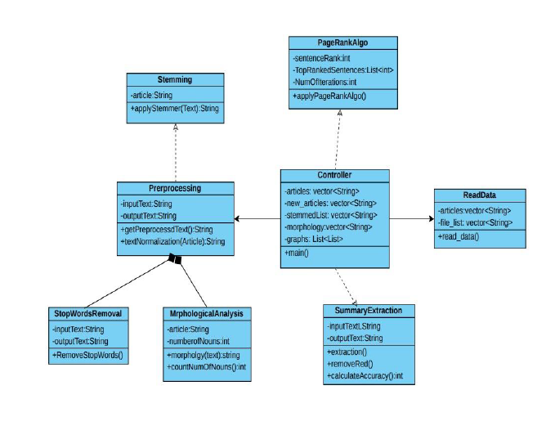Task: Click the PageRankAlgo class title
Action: [x=342, y=42]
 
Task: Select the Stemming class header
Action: [x=175, y=80]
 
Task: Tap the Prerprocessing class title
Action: [x=175, y=188]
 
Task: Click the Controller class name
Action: [x=334, y=176]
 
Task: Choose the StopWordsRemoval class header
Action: [x=87, y=314]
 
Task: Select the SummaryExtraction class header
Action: [x=368, y=311]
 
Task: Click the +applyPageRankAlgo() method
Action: [x=329, y=96]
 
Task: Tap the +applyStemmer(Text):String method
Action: [x=175, y=108]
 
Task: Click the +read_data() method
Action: [x=458, y=236]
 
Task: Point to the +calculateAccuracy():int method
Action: [x=368, y=375]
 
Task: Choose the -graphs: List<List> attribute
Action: [x=314, y=239]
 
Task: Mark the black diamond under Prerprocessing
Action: [x=175, y=259]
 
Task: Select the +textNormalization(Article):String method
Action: [x=172, y=242]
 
